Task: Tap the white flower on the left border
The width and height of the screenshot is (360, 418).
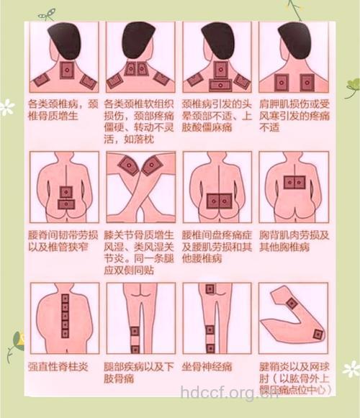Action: point(6,108)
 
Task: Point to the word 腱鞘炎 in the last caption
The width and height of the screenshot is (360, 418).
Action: point(279,367)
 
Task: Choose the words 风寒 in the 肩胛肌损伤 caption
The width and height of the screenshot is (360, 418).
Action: point(270,116)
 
